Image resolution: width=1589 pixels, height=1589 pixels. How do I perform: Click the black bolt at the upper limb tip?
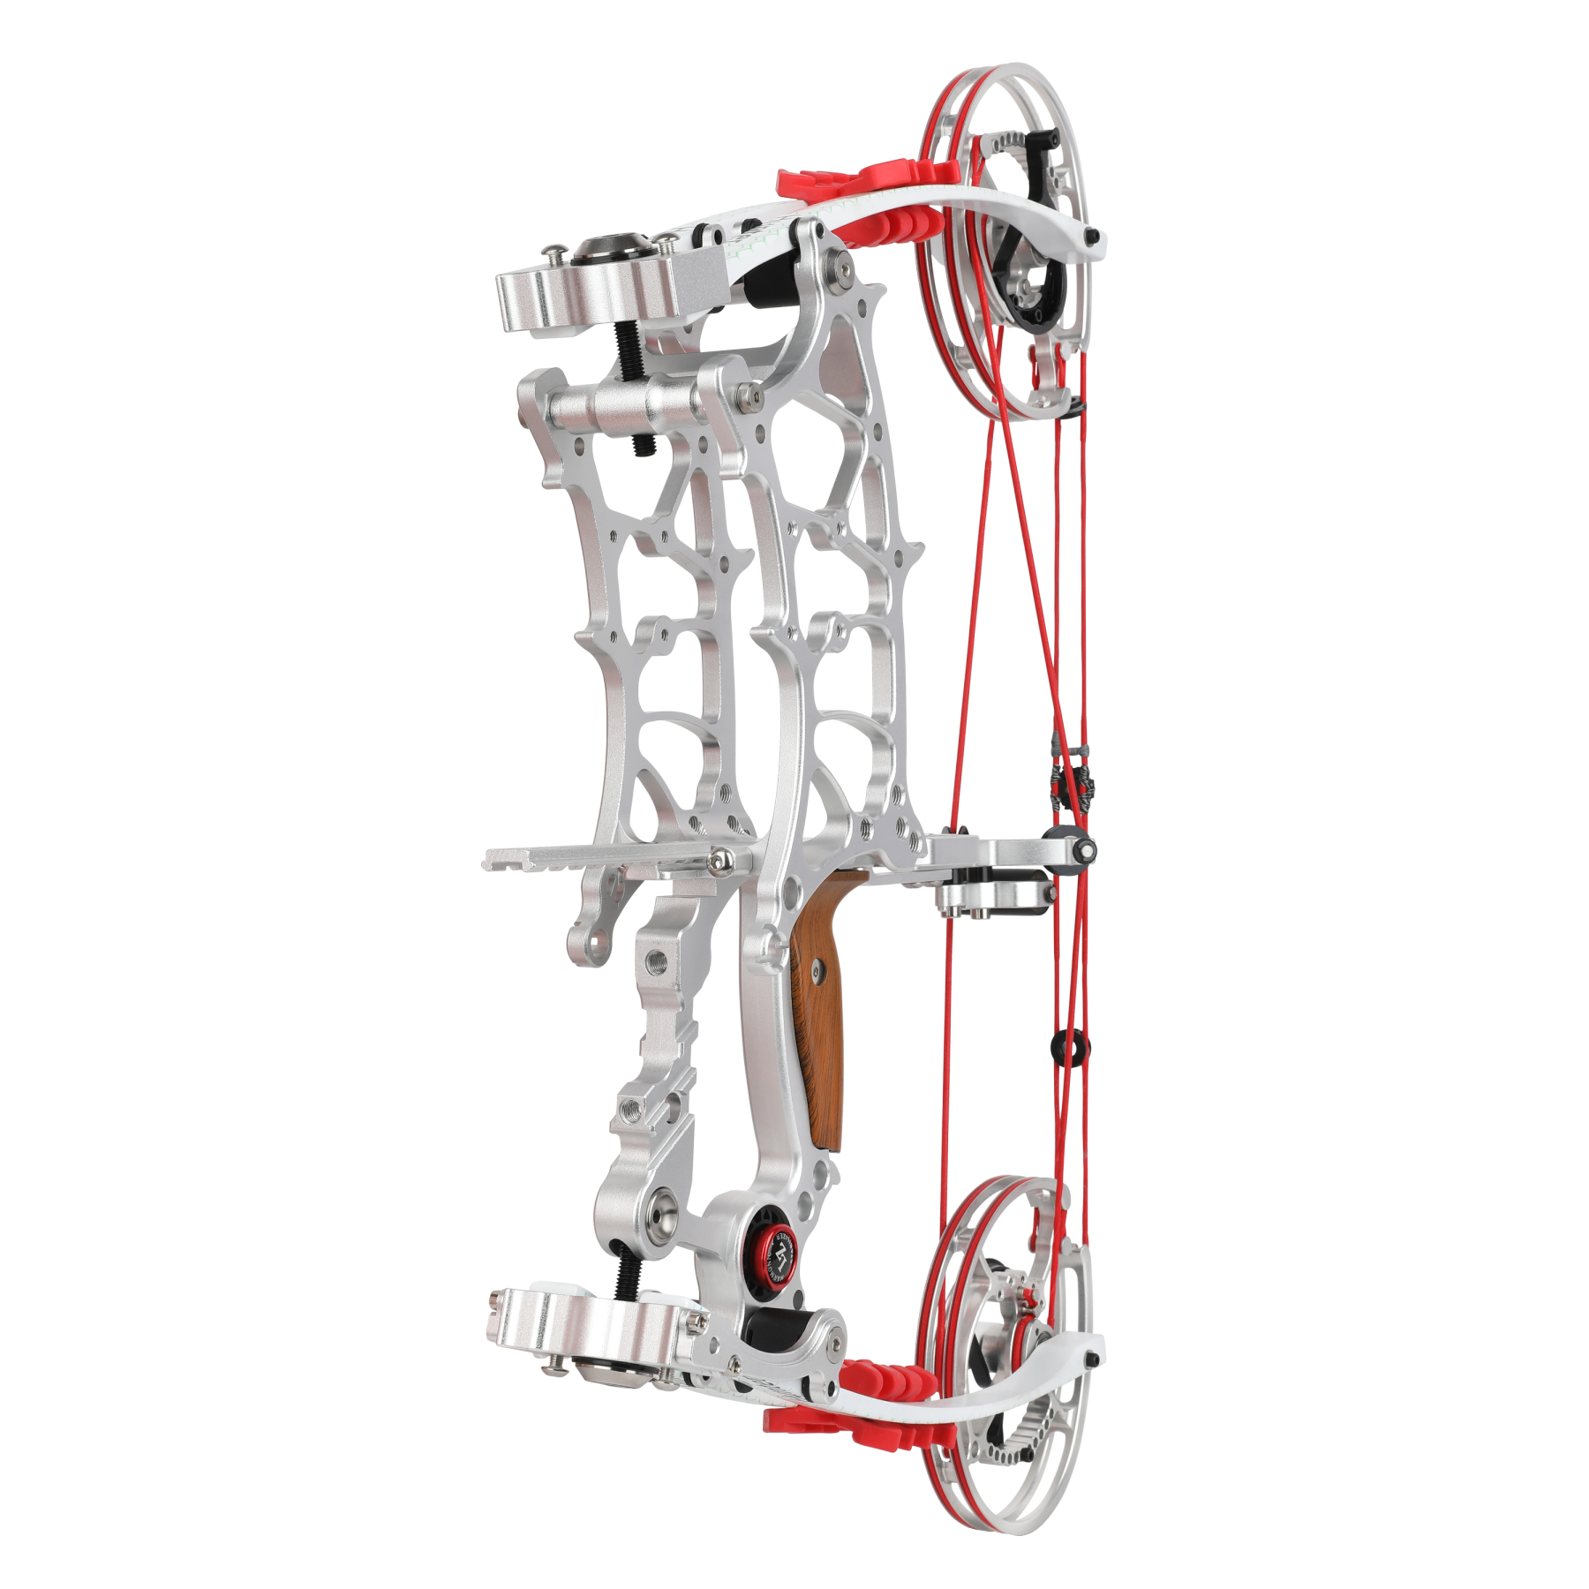(1094, 236)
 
